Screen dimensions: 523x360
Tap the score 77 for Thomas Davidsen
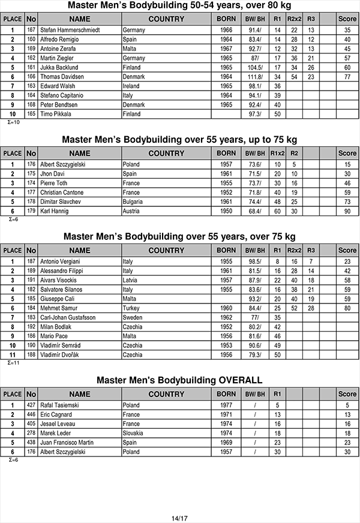click(347, 77)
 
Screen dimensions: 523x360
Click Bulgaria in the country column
click(134, 202)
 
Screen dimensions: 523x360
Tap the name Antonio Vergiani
click(61, 261)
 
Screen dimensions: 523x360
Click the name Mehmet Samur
click(59, 308)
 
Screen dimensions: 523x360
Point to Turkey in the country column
click(131, 308)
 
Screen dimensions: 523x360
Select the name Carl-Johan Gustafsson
click(68, 317)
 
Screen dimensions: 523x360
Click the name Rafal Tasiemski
click(59, 405)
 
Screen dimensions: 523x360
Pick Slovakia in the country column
click(134, 433)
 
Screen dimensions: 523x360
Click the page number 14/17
click(179, 518)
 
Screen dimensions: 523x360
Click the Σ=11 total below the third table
click(13, 362)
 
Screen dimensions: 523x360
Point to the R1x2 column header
click(277, 153)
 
